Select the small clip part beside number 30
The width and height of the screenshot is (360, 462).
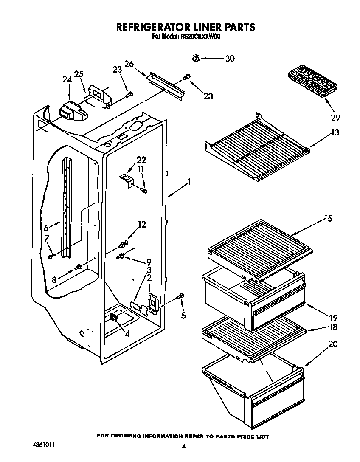(x=196, y=57)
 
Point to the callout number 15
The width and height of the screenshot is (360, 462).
(x=328, y=219)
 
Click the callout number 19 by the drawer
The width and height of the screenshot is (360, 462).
(x=334, y=317)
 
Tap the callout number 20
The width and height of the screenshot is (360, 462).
(x=333, y=344)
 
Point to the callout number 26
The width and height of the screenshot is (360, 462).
(x=129, y=64)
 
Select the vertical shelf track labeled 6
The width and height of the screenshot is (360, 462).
(x=67, y=208)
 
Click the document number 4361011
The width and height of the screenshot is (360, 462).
(x=44, y=446)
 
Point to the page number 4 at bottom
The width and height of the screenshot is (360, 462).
(x=184, y=446)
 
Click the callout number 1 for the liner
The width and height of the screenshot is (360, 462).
(x=189, y=182)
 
